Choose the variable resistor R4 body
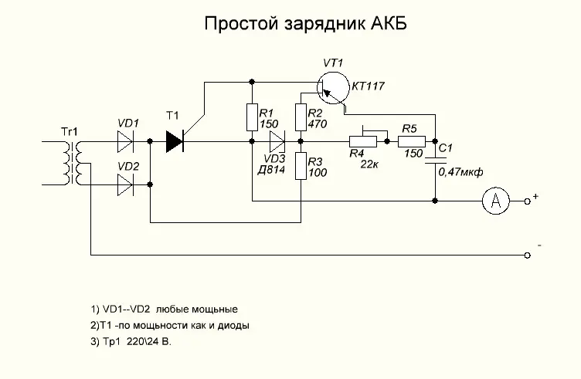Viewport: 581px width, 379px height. (x=363, y=141)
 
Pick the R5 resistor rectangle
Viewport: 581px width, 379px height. (x=410, y=141)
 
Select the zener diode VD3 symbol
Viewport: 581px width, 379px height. (x=277, y=141)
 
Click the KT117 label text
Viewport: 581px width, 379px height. (x=368, y=86)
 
